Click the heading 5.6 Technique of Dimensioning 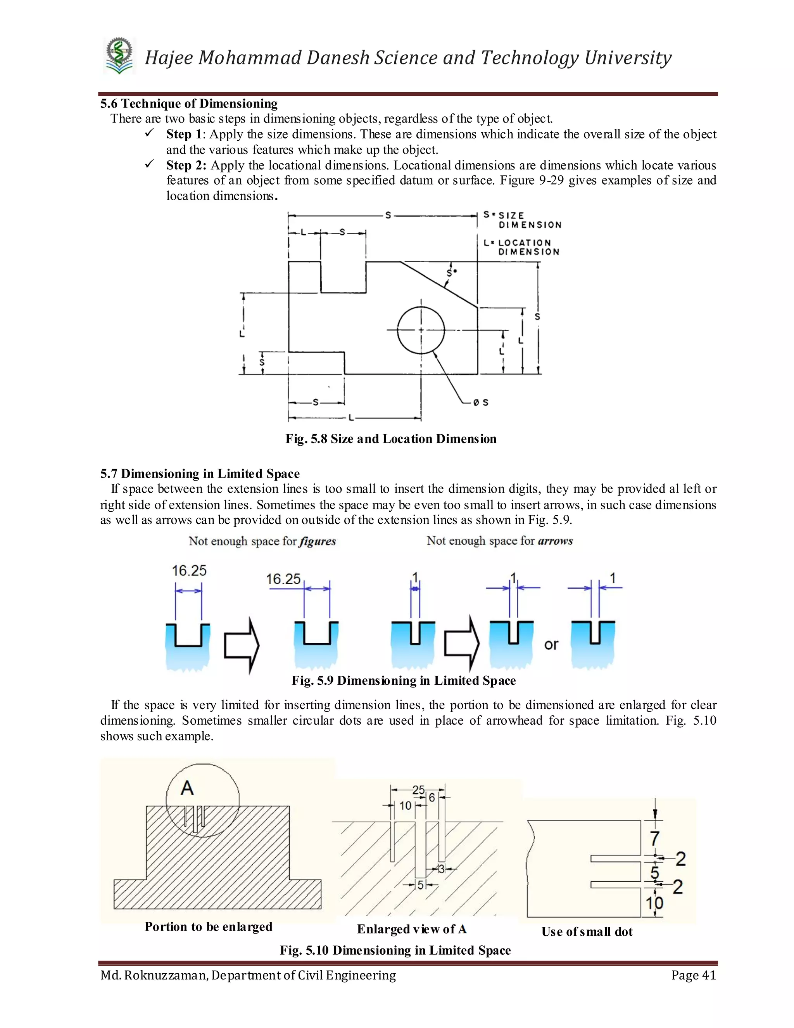(189, 104)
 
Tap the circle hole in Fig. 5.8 (421, 330)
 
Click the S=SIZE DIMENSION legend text (523, 220)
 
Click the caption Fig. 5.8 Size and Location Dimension (390, 439)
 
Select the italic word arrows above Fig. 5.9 (555, 541)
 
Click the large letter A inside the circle (187, 788)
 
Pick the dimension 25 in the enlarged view (418, 789)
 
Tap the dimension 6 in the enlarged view (432, 797)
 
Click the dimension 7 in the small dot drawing (654, 838)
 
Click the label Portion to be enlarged (208, 926)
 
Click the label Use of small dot (587, 931)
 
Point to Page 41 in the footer (693, 975)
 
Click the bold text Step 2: (186, 165)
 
